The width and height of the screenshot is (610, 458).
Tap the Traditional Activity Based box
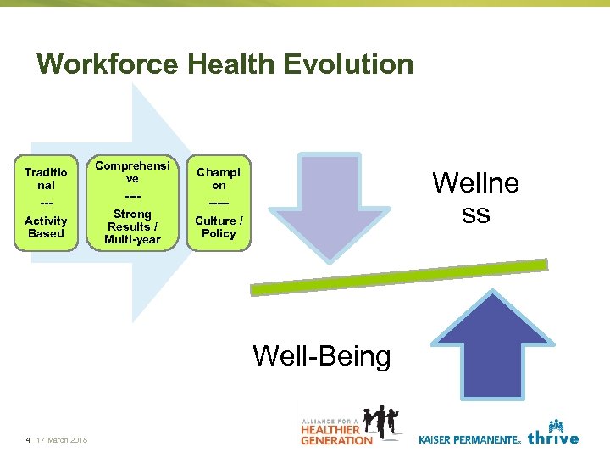[x=46, y=203]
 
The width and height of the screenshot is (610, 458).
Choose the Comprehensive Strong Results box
[x=132, y=203]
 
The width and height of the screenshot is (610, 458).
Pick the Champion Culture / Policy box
[x=219, y=203]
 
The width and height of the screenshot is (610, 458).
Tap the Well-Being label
[x=322, y=356]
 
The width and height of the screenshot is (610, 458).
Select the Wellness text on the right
[x=475, y=197]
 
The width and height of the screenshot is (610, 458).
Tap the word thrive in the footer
[x=553, y=438]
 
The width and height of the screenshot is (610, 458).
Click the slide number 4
[x=29, y=439]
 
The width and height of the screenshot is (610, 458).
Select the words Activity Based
[x=46, y=227]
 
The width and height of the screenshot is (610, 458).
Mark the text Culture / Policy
[x=219, y=227]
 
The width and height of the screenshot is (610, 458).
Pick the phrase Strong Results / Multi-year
[x=132, y=226]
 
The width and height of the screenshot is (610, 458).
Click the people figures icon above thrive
[x=557, y=424]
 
